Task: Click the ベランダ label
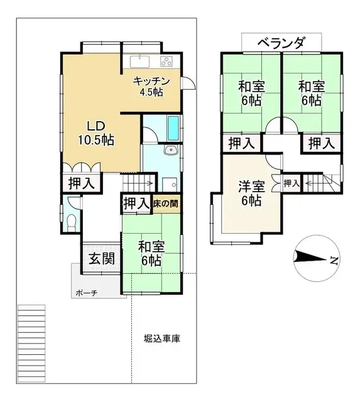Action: (281, 43)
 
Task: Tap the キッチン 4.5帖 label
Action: (151, 87)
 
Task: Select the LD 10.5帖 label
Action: (95, 133)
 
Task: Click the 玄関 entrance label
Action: (98, 258)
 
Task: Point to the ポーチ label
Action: (86, 293)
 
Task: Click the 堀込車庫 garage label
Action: (161, 339)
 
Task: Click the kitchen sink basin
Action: (139, 61)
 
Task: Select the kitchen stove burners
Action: (166, 61)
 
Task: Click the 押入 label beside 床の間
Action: (136, 204)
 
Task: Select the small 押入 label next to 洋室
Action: (292, 183)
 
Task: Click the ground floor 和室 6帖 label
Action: (151, 253)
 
